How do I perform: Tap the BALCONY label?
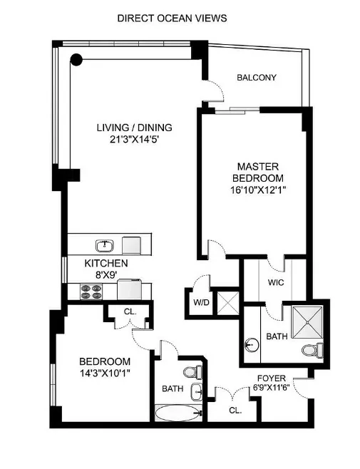tap(256, 78)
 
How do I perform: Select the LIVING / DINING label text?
tap(135, 128)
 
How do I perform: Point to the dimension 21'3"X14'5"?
tap(135, 140)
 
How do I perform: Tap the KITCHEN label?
tap(106, 263)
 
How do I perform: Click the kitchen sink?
tap(106, 245)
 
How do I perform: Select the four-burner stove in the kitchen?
tap(91, 291)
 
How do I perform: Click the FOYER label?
tap(272, 379)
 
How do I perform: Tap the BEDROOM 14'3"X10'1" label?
tap(104, 366)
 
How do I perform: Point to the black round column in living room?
tap(76, 60)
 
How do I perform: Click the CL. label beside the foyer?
tap(235, 411)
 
